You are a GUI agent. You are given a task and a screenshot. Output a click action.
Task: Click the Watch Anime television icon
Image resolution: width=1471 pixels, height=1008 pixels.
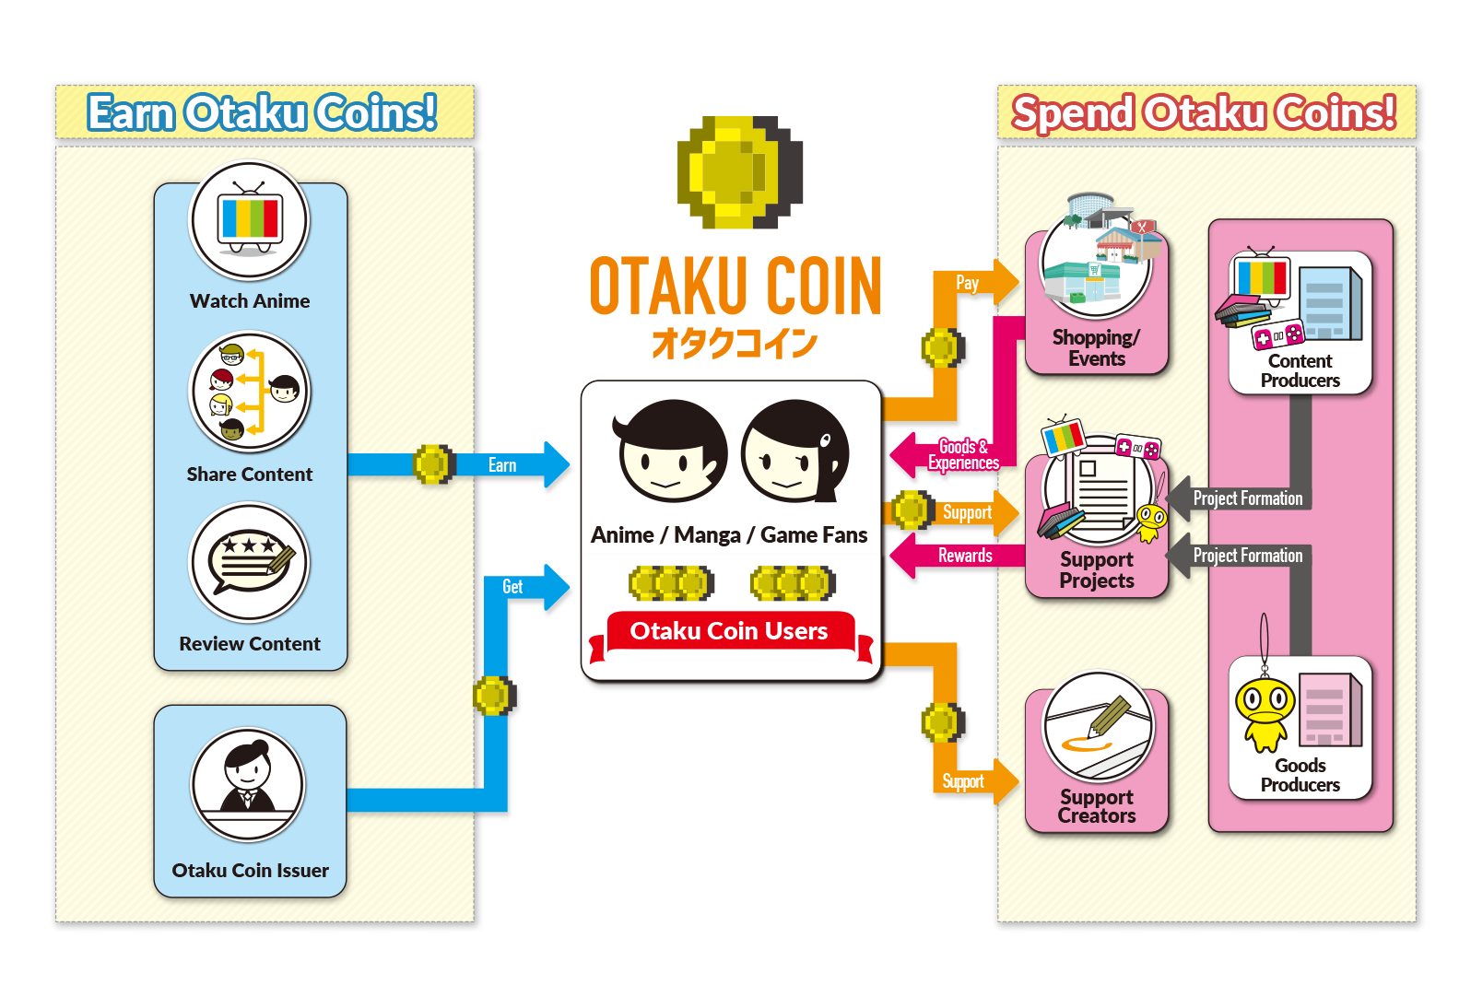249,221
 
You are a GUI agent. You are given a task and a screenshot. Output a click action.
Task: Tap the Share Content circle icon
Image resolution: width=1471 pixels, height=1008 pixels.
249,392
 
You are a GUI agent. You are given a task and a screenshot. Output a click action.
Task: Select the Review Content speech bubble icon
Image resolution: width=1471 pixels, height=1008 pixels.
249,562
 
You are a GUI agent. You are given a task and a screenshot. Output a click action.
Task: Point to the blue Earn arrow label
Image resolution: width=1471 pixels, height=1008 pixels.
502,465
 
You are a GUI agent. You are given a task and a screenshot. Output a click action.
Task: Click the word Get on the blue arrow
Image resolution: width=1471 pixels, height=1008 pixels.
512,587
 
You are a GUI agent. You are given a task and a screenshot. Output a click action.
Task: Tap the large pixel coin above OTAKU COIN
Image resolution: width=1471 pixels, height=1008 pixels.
739,172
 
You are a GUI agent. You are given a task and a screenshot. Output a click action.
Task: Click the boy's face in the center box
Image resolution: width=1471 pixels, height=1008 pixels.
671,451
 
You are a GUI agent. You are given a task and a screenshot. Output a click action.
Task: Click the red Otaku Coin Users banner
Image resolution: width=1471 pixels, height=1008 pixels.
728,631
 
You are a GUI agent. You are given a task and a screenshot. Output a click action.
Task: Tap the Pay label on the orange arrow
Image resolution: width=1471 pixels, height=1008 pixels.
967,283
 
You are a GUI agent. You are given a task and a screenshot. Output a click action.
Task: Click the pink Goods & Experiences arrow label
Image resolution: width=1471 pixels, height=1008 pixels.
963,455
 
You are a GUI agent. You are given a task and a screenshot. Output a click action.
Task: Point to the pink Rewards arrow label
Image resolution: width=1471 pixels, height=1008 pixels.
965,556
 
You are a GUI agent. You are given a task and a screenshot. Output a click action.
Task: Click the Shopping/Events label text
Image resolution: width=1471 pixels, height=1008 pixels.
1096,348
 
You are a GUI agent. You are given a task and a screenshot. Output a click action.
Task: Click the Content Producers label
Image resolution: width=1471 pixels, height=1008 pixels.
1300,370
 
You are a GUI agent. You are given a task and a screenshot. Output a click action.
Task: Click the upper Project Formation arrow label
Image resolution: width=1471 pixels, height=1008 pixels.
1247,498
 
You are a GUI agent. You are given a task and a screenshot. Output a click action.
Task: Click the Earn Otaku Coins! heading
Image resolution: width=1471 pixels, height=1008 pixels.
263,113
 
